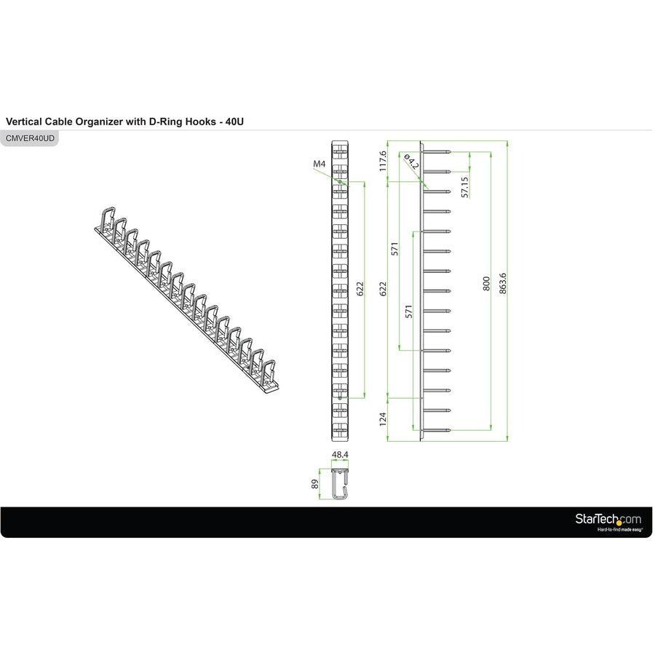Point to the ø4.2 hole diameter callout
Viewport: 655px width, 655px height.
(x=411, y=162)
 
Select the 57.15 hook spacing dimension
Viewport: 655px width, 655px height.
(x=465, y=186)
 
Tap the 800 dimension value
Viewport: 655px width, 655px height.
(x=487, y=284)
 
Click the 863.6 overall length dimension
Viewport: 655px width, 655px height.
(x=502, y=284)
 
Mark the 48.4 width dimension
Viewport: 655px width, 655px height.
(x=339, y=455)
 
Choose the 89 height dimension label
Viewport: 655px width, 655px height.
(x=315, y=484)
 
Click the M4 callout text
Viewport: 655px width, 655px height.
(x=319, y=164)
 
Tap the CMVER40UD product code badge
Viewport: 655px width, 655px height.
(x=30, y=138)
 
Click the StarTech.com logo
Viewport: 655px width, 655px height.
(x=608, y=519)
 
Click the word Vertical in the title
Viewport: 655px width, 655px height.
(x=24, y=122)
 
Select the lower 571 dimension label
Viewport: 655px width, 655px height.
(x=410, y=311)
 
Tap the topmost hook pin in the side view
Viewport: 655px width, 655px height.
(x=440, y=152)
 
